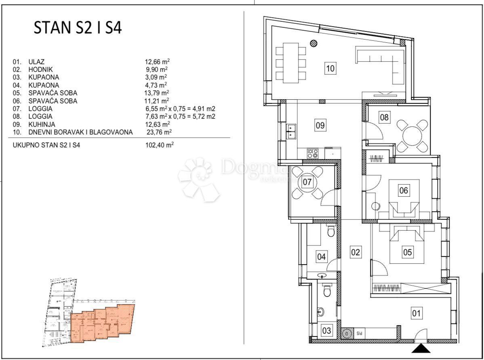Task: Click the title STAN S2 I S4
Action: pyautogui.click(x=78, y=28)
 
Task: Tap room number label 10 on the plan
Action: pyautogui.click(x=330, y=68)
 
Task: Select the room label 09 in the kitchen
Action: pyautogui.click(x=320, y=125)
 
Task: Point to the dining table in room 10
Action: pyautogui.click(x=291, y=63)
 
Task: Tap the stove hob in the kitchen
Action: pyautogui.click(x=312, y=154)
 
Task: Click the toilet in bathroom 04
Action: pyautogui.click(x=330, y=231)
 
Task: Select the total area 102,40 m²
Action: pyautogui.click(x=159, y=145)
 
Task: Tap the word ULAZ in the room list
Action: pyautogui.click(x=36, y=62)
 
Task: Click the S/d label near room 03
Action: pyautogui.click(x=359, y=334)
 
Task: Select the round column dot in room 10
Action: pyautogui.click(x=313, y=43)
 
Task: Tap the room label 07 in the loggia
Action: pyautogui.click(x=307, y=182)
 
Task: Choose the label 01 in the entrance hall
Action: pyautogui.click(x=416, y=312)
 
